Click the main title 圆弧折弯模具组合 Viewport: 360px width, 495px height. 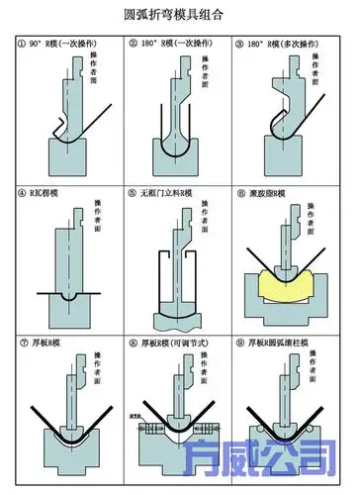(x=180, y=15)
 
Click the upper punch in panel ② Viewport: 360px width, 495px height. (x=175, y=109)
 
